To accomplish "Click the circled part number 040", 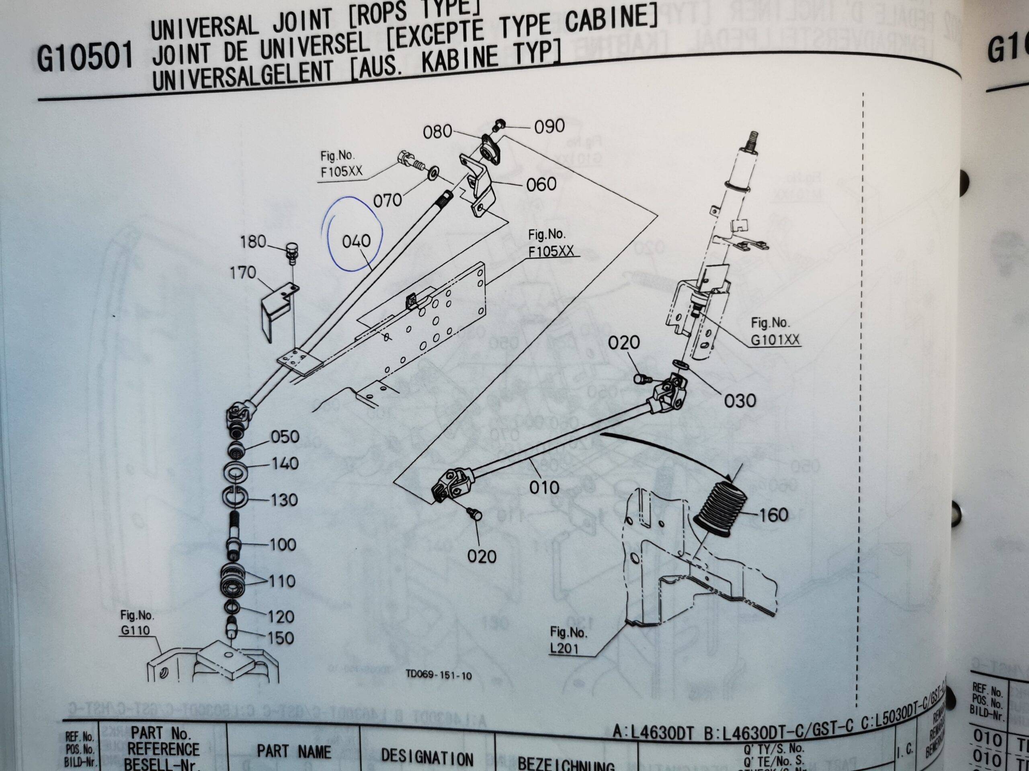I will point(357,241).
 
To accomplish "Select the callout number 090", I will point(549,126).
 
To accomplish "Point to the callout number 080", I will point(437,132).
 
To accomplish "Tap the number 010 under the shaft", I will point(544,487).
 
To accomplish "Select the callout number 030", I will point(740,400).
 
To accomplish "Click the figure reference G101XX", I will point(775,340).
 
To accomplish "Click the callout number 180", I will point(253,242).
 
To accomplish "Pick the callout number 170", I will point(243,273).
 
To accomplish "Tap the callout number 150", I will point(281,638).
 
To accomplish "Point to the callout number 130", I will point(284,500).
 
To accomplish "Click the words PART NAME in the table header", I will point(293,751).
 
